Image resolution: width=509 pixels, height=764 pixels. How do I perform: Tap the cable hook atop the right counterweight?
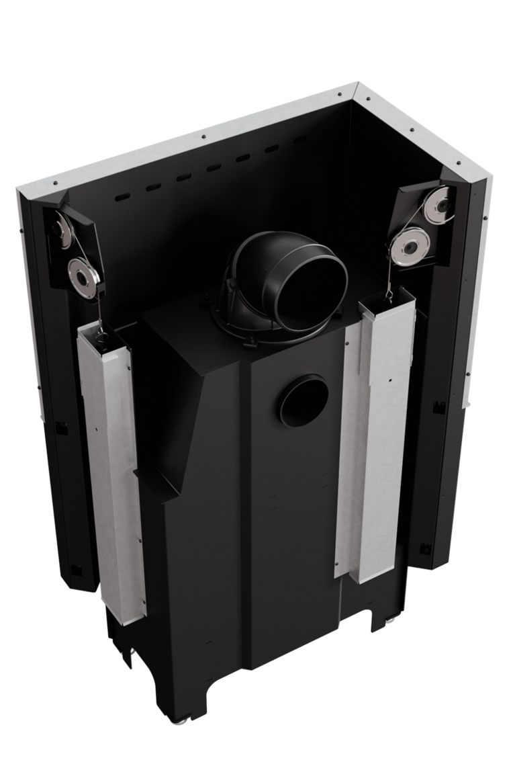390,293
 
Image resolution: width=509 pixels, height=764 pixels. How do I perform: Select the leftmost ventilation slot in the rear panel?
122,196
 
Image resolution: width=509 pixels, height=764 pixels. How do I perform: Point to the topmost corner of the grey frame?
357,85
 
